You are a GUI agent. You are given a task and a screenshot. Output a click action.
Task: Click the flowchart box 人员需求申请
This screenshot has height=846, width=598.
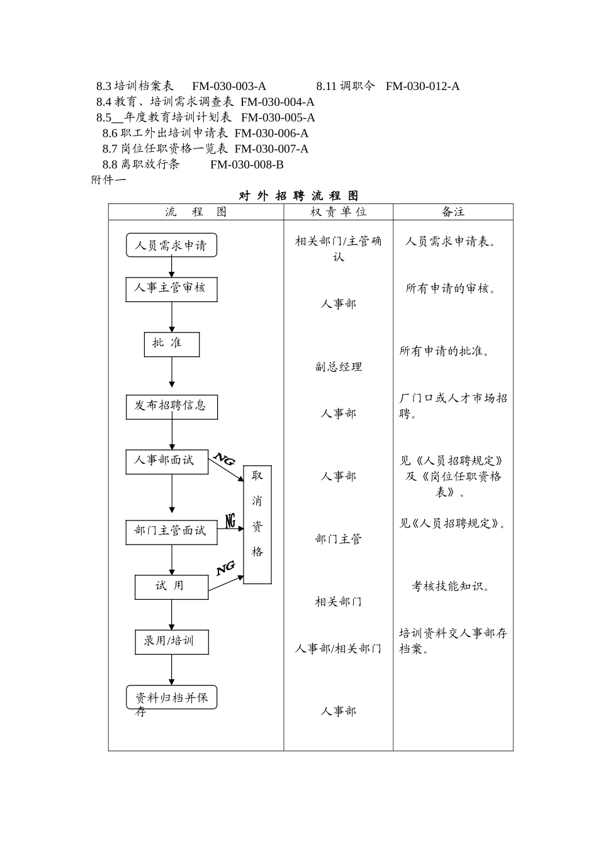point(171,245)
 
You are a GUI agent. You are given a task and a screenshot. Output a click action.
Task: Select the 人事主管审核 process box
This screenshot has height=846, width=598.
point(171,289)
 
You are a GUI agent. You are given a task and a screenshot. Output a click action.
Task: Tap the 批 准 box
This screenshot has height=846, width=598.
point(171,344)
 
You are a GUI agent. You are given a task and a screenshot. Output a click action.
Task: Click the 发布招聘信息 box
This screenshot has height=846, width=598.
point(171,407)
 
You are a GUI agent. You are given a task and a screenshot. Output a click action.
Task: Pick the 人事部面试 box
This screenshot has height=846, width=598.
point(167,461)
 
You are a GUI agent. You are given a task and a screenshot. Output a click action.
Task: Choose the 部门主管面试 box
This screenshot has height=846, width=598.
point(171,532)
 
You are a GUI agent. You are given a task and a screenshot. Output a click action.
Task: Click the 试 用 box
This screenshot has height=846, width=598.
point(171,587)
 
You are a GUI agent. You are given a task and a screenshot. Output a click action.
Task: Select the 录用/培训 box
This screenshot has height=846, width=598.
point(171,641)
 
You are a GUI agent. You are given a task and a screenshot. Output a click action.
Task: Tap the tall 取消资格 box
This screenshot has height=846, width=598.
point(257,525)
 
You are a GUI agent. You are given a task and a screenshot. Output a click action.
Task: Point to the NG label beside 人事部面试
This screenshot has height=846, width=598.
point(224,459)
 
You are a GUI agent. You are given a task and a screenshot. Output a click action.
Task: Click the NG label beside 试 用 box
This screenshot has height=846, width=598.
point(225,568)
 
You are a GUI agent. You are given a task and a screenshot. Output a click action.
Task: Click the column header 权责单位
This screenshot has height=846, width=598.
point(338,212)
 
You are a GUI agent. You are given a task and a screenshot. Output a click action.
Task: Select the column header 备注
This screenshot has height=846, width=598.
point(453,212)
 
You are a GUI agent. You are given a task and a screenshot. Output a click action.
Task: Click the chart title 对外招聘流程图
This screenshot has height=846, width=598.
point(298,196)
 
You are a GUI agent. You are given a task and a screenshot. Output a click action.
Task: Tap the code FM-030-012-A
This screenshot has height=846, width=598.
point(422,86)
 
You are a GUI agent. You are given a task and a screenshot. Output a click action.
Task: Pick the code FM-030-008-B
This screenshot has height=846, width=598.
point(247,165)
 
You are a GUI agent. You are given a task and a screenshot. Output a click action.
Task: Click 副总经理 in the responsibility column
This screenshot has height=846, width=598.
point(338,367)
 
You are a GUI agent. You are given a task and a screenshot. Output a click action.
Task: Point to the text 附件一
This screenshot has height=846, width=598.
point(108,180)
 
